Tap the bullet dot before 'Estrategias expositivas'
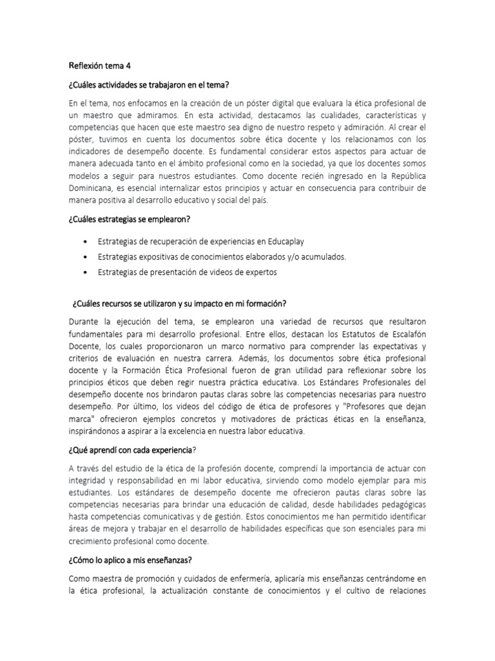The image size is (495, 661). pyautogui.click(x=86, y=256)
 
